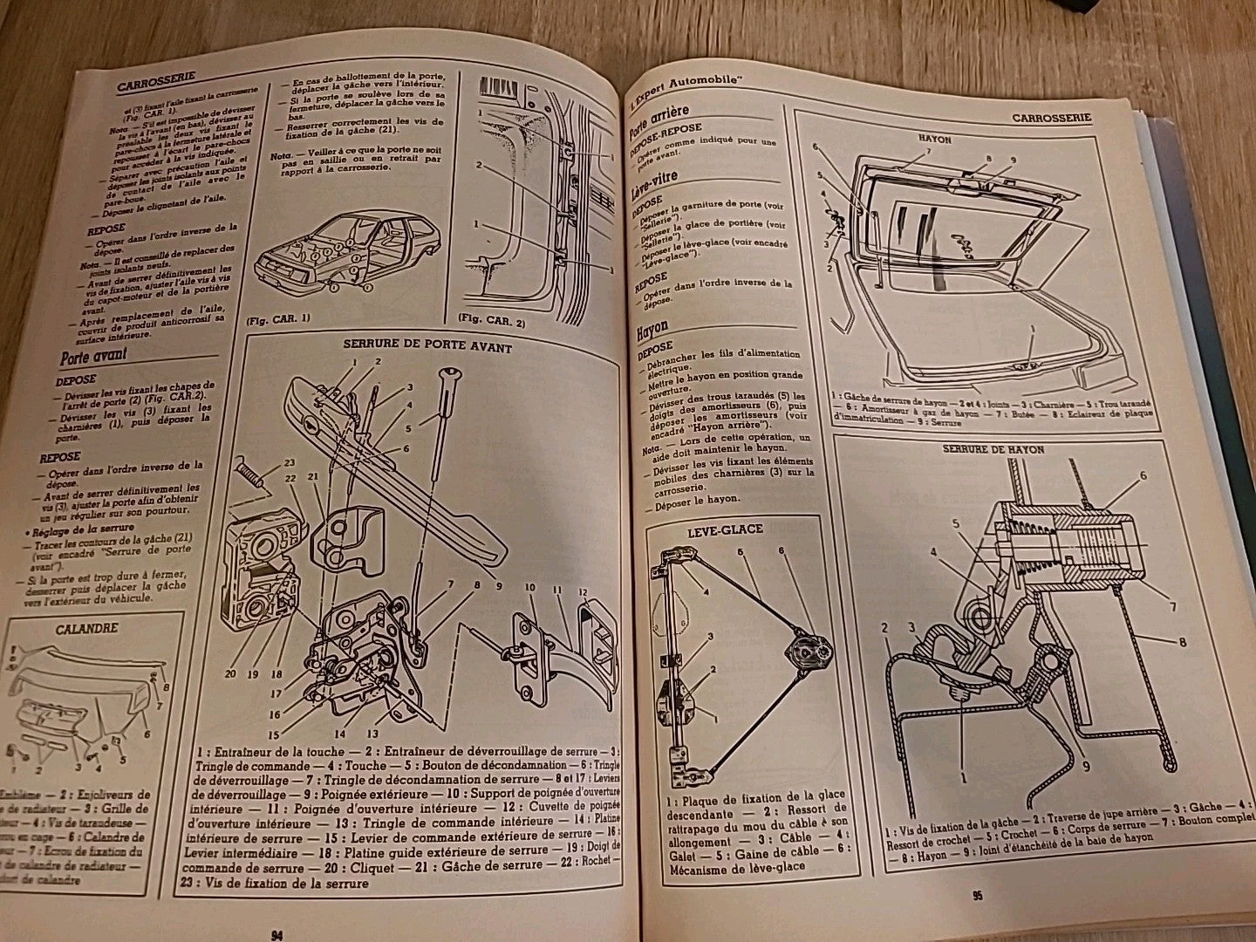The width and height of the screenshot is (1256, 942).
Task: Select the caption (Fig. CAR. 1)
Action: pyautogui.click(x=276, y=320)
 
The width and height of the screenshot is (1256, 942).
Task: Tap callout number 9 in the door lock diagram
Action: pyautogui.click(x=500, y=586)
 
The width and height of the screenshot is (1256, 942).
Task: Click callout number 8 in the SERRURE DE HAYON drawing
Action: pyautogui.click(x=1182, y=643)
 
